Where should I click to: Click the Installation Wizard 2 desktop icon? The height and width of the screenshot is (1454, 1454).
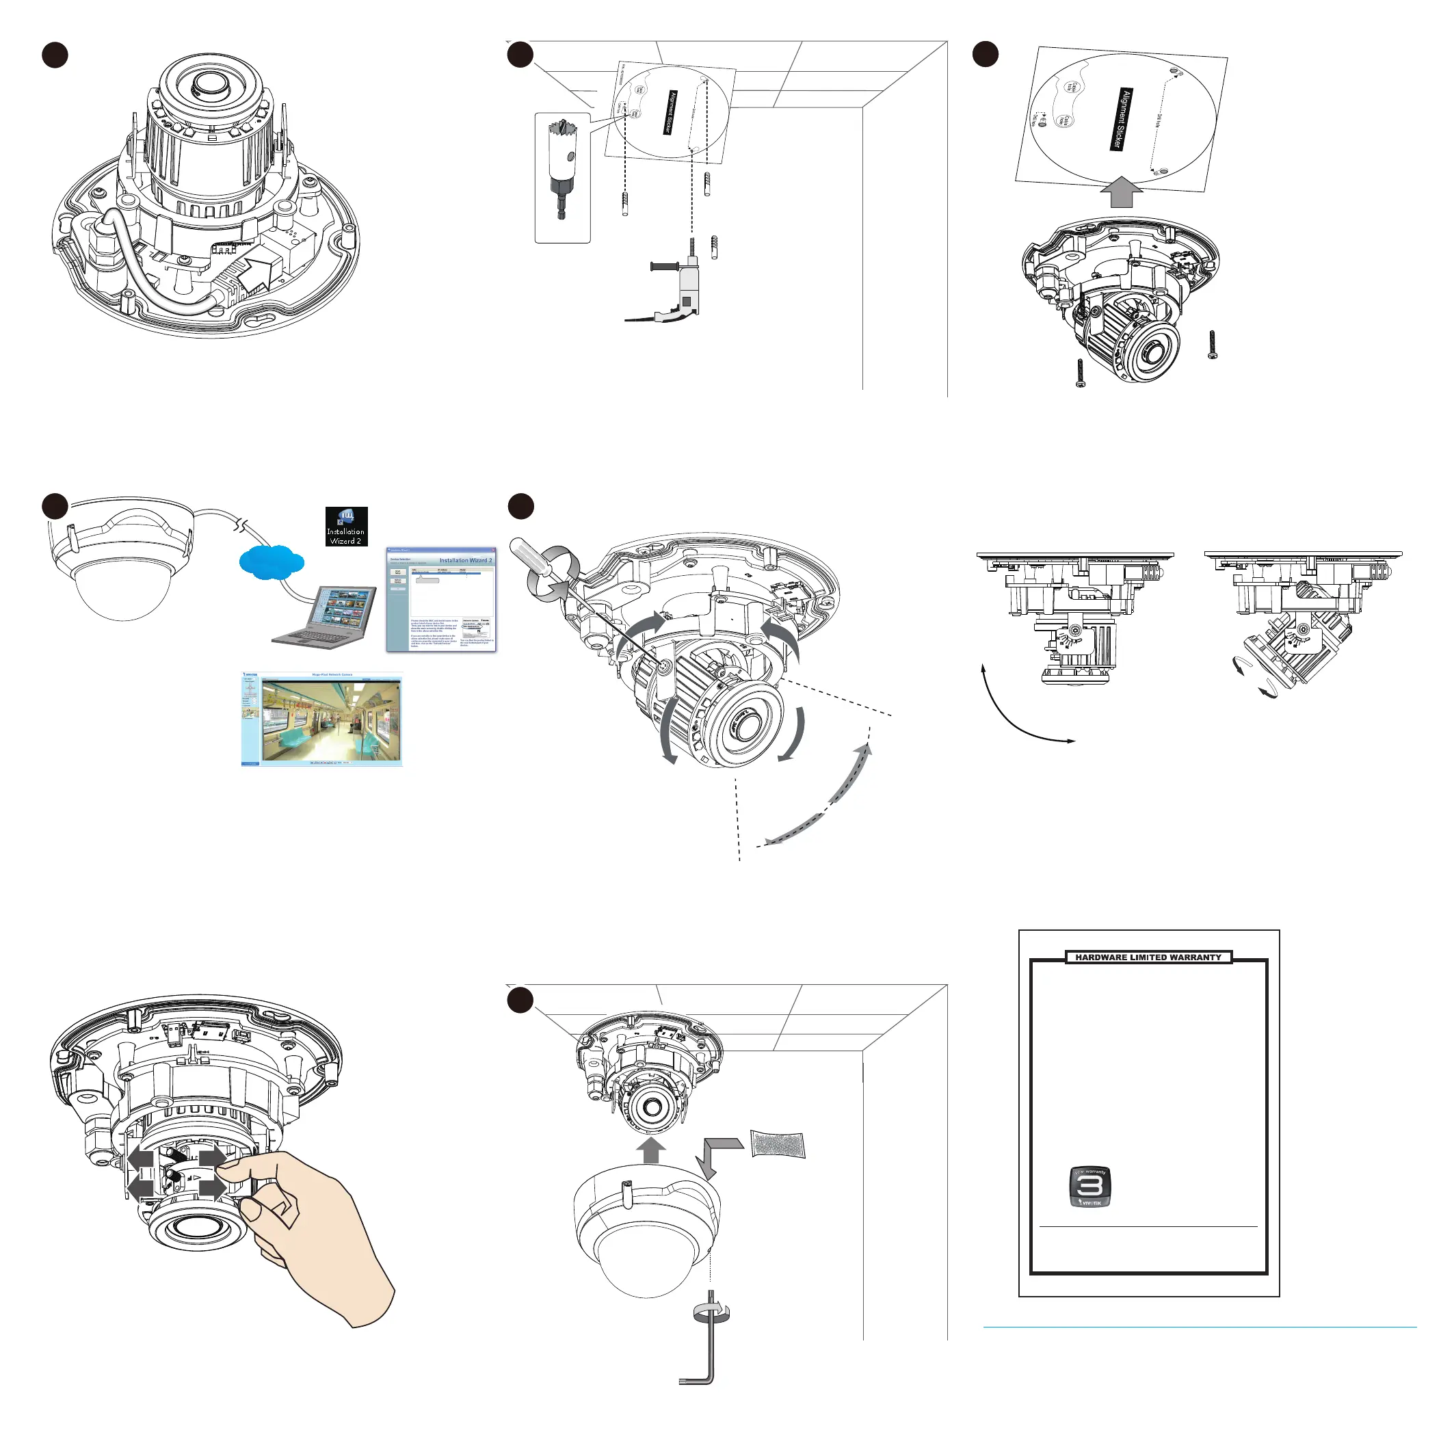[346, 526]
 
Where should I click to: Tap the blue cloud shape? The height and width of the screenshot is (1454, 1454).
[272, 562]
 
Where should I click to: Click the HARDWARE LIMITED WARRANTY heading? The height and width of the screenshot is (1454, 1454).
[1148, 957]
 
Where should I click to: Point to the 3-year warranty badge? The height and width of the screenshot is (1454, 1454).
[1089, 1187]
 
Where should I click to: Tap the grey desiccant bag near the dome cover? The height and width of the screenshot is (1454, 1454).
[778, 1145]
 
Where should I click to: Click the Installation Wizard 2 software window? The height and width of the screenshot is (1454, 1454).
[441, 599]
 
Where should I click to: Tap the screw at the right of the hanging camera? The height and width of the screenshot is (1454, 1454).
[1212, 345]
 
